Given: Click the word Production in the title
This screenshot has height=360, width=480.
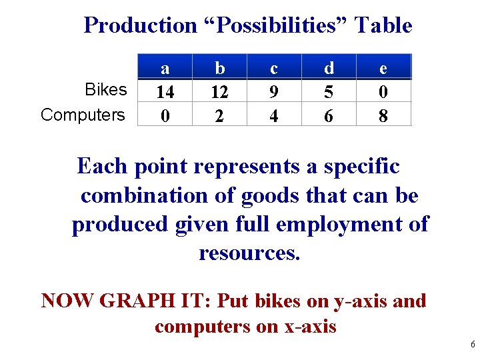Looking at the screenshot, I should [x=140, y=25].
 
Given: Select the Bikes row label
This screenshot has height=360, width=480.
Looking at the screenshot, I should [x=106, y=90].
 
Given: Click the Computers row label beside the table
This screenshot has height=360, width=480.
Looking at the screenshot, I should [x=83, y=115].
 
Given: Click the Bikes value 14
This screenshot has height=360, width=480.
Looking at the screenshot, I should [x=165, y=91].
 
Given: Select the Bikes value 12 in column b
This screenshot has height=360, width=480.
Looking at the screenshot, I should [x=219, y=91].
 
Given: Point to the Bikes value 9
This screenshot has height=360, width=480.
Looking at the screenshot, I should [x=274, y=91].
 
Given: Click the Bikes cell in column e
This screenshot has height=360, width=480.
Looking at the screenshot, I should [x=383, y=91].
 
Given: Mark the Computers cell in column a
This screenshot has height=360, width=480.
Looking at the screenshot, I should [x=165, y=115].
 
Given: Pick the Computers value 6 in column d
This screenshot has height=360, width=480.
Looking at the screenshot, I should [x=328, y=115].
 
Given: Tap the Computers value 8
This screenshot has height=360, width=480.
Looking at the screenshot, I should [x=383, y=115].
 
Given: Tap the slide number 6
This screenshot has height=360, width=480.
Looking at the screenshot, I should [x=472, y=345].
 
